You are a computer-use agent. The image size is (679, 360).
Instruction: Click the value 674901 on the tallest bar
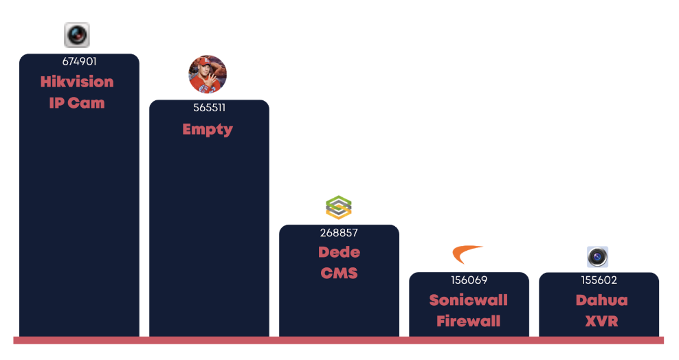79,62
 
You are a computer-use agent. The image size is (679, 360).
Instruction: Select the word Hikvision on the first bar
77,82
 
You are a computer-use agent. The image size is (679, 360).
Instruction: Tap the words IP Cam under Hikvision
77,103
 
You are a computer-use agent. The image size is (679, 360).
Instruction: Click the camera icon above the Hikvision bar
77,34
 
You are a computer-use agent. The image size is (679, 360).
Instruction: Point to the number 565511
209,108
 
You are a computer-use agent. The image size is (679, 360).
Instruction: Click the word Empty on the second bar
208,129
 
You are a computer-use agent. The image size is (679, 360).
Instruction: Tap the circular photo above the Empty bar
208,74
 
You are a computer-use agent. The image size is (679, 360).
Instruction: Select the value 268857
339,233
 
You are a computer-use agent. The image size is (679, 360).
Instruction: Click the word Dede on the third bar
339,252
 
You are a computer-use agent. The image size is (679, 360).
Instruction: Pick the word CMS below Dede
339,273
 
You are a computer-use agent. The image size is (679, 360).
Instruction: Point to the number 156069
469,280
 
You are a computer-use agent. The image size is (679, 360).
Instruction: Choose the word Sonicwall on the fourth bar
469,300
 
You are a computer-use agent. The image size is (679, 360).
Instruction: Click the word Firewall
469,321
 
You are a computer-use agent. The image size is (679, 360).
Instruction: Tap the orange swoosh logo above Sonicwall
467,254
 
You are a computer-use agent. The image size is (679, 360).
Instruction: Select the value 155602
599,280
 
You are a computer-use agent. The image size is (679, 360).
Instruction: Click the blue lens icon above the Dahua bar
597,257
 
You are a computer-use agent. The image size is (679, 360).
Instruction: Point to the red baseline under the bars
339,340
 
